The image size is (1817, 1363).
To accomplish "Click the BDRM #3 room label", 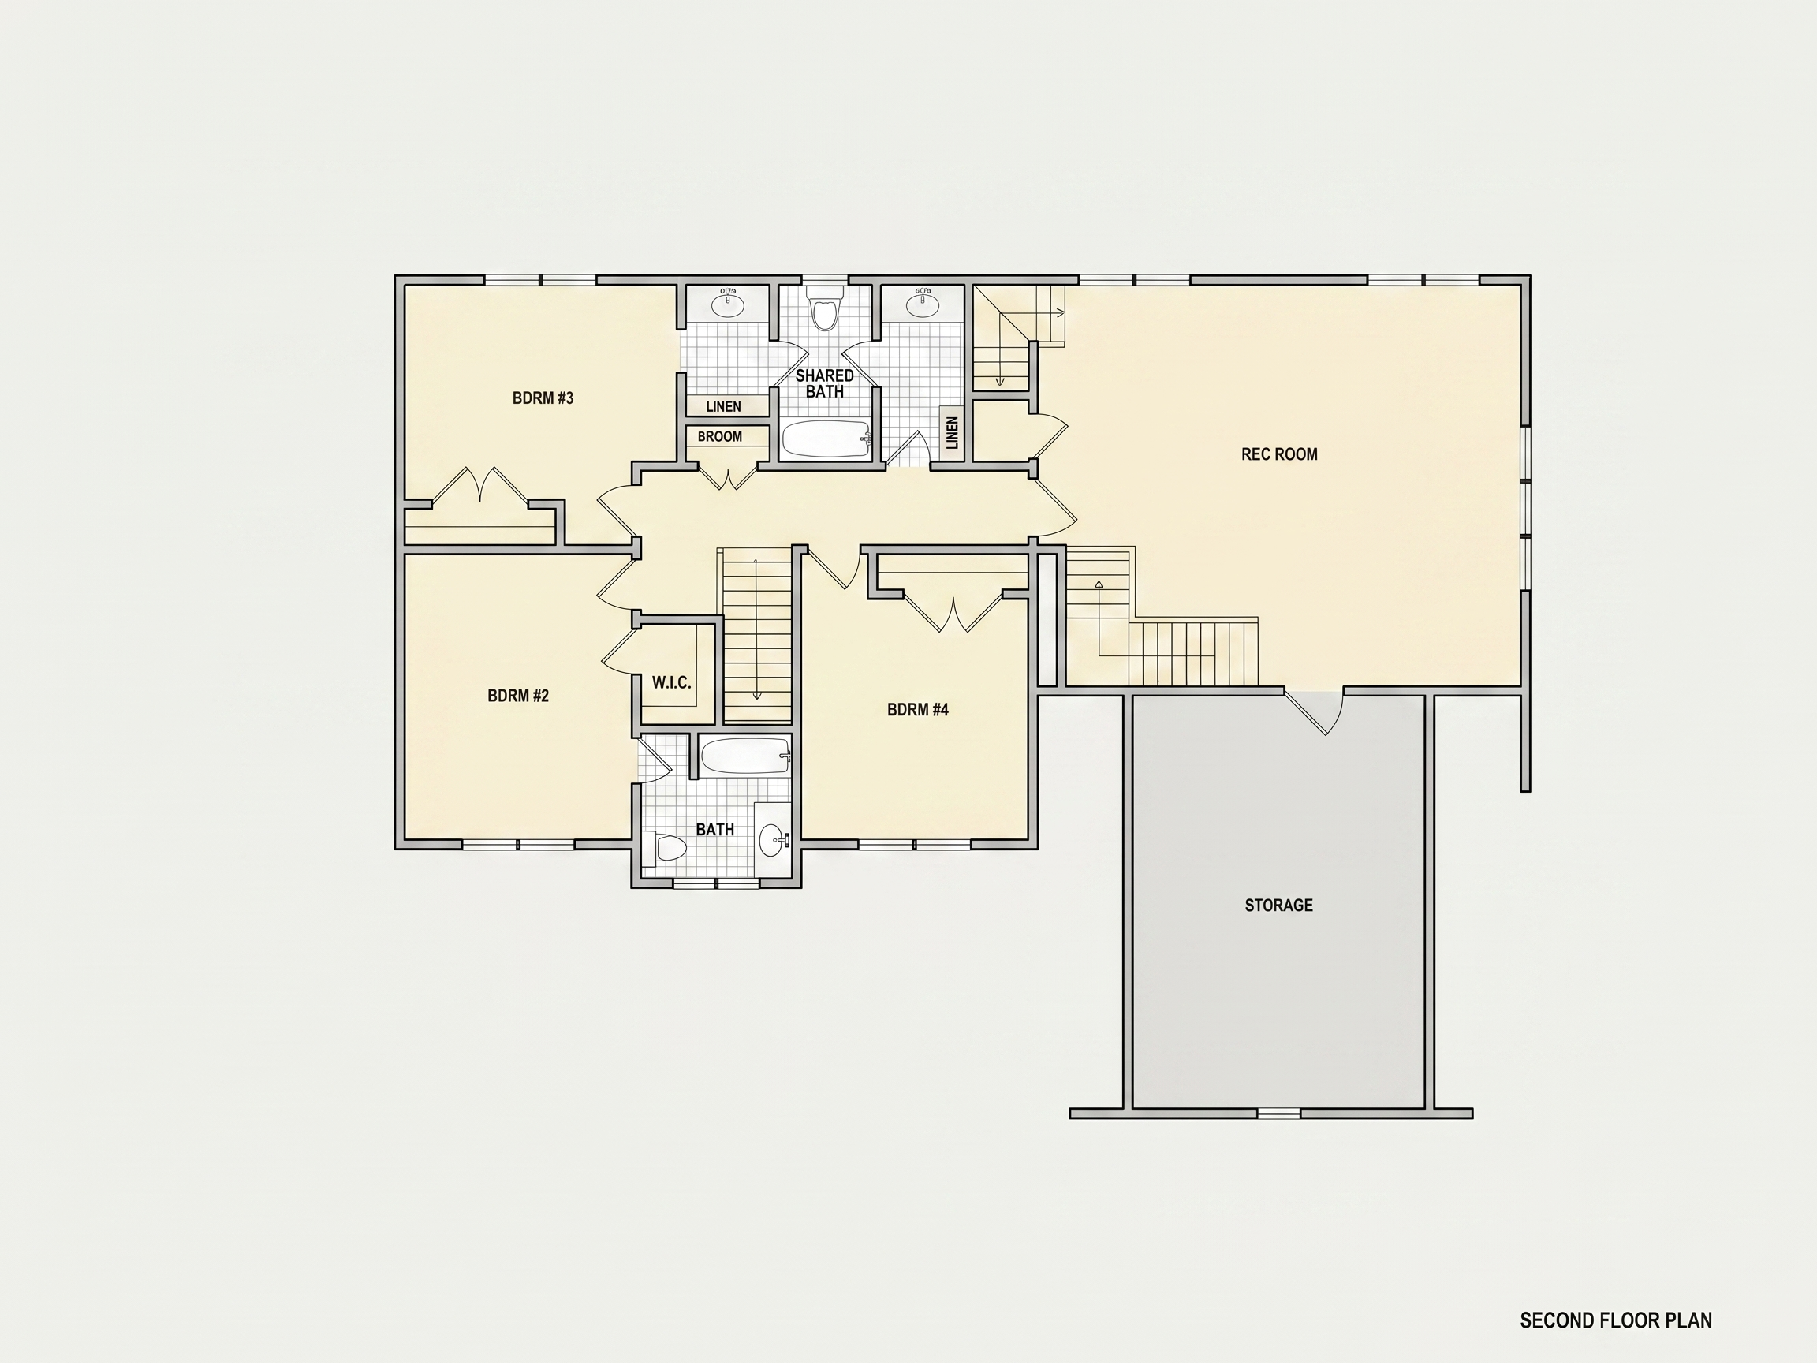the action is point(543,398).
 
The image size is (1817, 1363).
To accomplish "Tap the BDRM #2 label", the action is point(518,696).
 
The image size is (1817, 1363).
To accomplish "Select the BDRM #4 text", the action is point(917,710).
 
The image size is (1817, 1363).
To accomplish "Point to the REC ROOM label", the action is point(1279,454).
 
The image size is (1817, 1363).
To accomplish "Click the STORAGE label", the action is point(1279,906).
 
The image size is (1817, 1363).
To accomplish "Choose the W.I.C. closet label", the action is point(671,683).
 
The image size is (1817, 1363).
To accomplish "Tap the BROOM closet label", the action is point(719,437).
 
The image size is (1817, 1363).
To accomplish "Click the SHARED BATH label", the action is point(825,383).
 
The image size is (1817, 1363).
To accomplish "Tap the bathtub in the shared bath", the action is point(826,439).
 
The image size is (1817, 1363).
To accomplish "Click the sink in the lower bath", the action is point(772,840).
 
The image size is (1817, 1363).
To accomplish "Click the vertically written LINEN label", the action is point(952,433).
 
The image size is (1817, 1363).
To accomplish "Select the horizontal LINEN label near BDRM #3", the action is point(724,407).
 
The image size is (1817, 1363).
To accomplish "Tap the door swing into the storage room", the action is point(1316,712).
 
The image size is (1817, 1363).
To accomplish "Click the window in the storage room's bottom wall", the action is point(1279,1114).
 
